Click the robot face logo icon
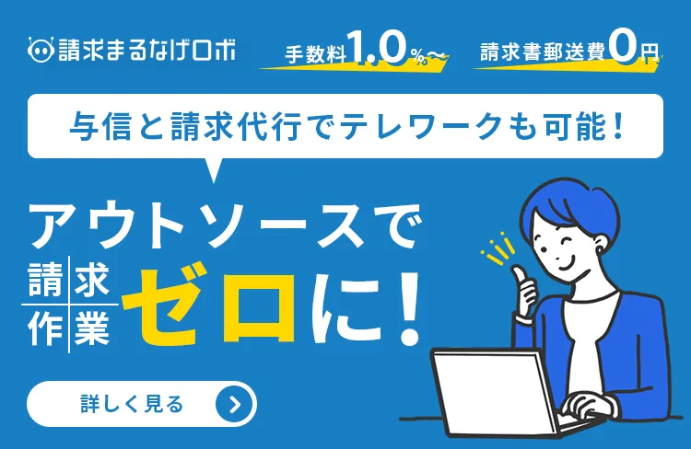(41, 50)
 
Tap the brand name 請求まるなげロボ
(146, 50)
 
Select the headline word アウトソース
(196, 225)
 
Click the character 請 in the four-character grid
(45, 281)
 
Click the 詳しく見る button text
(132, 404)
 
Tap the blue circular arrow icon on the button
(235, 404)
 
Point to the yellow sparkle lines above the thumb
(498, 248)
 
